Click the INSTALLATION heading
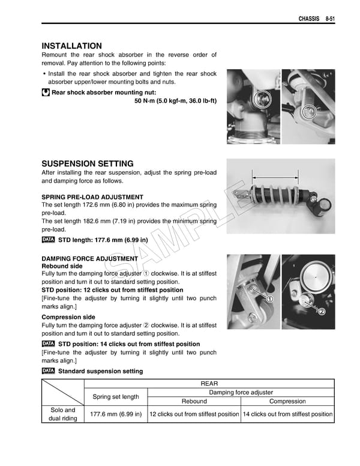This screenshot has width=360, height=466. [x=71, y=46]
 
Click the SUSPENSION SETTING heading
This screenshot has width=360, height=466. [x=88, y=163]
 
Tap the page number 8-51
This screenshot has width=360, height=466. [x=326, y=19]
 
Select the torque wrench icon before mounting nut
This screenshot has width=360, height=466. [x=46, y=92]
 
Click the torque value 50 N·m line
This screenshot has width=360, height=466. [x=176, y=101]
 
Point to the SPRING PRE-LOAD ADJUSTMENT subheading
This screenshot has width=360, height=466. [x=92, y=197]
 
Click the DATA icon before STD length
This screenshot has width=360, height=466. [x=48, y=240]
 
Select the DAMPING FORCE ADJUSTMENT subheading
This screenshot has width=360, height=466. [x=89, y=259]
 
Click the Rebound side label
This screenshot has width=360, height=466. [x=62, y=266]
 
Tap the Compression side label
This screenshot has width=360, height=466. [x=68, y=317]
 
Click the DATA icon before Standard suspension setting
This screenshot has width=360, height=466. [x=48, y=371]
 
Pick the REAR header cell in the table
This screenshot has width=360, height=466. [x=209, y=384]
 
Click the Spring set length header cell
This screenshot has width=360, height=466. [x=115, y=396]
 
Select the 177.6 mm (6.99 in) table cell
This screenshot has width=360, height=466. [x=115, y=414]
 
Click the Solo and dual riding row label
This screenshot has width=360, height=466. [x=62, y=414]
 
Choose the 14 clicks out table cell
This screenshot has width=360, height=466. [x=287, y=414]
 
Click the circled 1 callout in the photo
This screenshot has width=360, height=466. [x=270, y=299]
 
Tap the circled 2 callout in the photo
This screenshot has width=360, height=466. [x=322, y=312]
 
